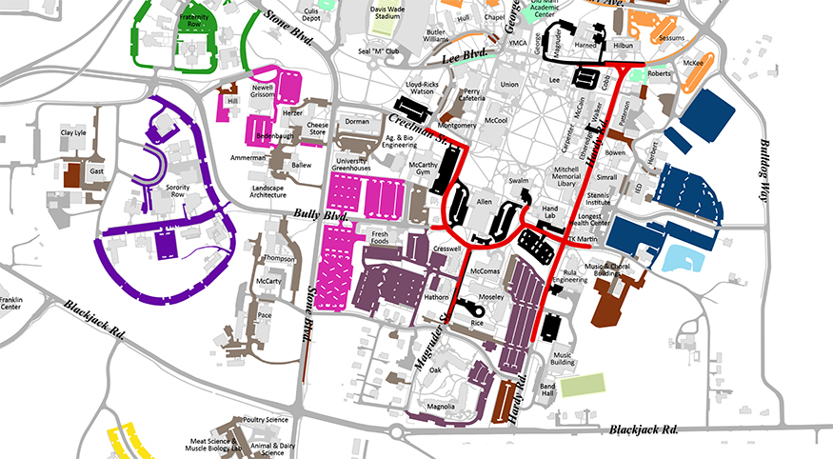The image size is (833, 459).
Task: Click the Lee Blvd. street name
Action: click(467, 54)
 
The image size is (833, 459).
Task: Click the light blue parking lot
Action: click(687, 256)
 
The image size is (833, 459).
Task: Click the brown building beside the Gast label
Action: click(71, 175)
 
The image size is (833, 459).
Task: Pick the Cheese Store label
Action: click(317, 130)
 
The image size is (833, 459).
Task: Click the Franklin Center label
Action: click(12, 303)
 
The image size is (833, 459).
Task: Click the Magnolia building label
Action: click(440, 407)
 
